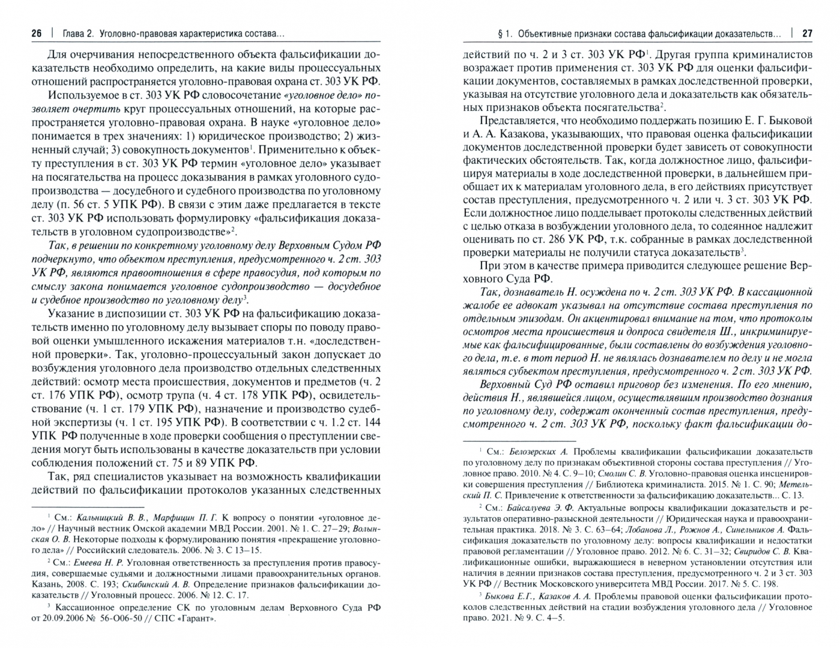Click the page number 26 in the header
[37, 34]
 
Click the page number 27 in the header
[806, 34]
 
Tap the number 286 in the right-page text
[544, 240]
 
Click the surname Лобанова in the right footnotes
[649, 529]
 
